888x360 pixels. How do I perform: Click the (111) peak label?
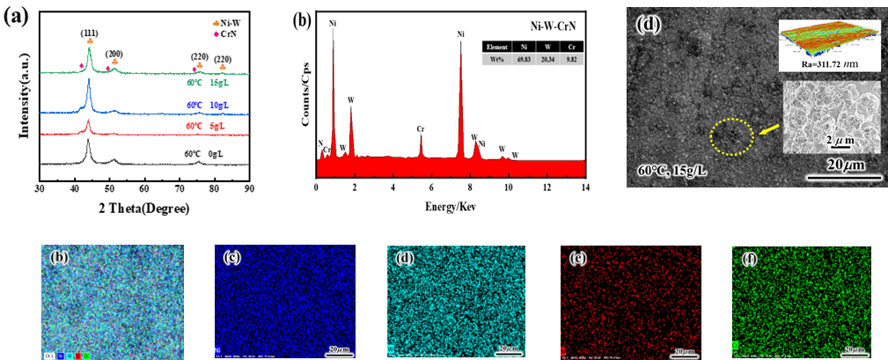89,33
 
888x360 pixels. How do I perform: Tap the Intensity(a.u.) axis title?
11,99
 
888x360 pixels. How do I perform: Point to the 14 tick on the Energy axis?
585,187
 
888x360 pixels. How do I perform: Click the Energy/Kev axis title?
451,209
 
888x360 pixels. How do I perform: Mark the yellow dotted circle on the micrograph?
732,136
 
